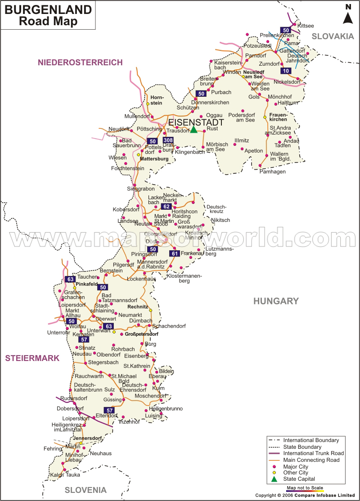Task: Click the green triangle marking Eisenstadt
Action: [x=193, y=130]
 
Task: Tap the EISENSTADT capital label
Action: [x=196, y=122]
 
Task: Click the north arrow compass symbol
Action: [x=348, y=14]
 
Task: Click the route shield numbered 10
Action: [x=286, y=71]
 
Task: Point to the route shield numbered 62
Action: [x=166, y=207]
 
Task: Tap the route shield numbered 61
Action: [x=175, y=254]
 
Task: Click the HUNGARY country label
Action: [x=276, y=301]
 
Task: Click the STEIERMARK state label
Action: [x=32, y=358]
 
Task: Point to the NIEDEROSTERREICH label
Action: [x=80, y=63]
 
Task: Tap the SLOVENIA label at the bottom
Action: [x=85, y=490]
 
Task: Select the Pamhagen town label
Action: [x=273, y=172]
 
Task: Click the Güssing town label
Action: [x=112, y=399]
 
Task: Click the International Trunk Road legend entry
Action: [x=313, y=453]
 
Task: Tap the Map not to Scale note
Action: [x=305, y=488]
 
